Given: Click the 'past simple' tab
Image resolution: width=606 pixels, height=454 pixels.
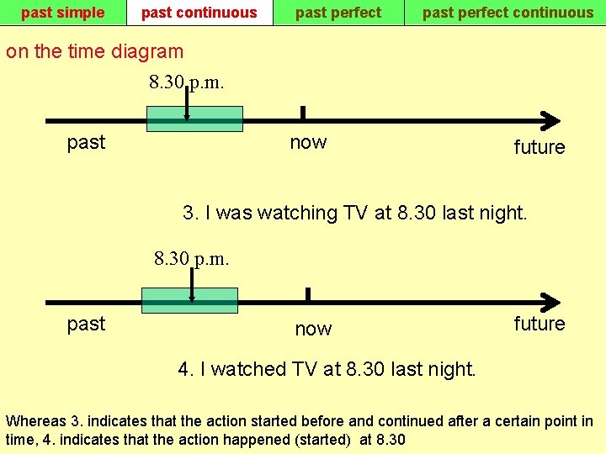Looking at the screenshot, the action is pos(62,13).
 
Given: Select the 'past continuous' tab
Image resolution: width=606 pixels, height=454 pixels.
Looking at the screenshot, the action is pos(199,13).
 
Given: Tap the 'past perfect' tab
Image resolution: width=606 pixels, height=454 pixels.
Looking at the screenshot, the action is pos(338,13).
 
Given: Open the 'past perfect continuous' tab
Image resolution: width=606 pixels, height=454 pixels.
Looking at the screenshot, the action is pos(508,13).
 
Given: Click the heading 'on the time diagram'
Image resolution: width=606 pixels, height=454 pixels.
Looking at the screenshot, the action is pos(94,51).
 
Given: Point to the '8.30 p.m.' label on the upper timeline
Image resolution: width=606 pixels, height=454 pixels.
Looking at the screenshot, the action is pos(186,82).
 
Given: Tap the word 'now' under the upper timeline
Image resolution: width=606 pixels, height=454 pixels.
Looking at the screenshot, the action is pos(308,142).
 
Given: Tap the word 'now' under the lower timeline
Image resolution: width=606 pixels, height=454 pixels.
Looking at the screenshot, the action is pos(313,329).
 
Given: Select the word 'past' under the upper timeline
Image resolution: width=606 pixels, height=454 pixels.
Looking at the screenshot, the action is pos(86,142).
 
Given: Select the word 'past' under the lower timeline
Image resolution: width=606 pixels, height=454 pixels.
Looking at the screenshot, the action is pos(86,324).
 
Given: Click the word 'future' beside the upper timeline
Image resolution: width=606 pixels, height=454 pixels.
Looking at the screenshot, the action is pos(540,147).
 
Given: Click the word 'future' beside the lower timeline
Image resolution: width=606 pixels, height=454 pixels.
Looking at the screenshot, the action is pos(540,324).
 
